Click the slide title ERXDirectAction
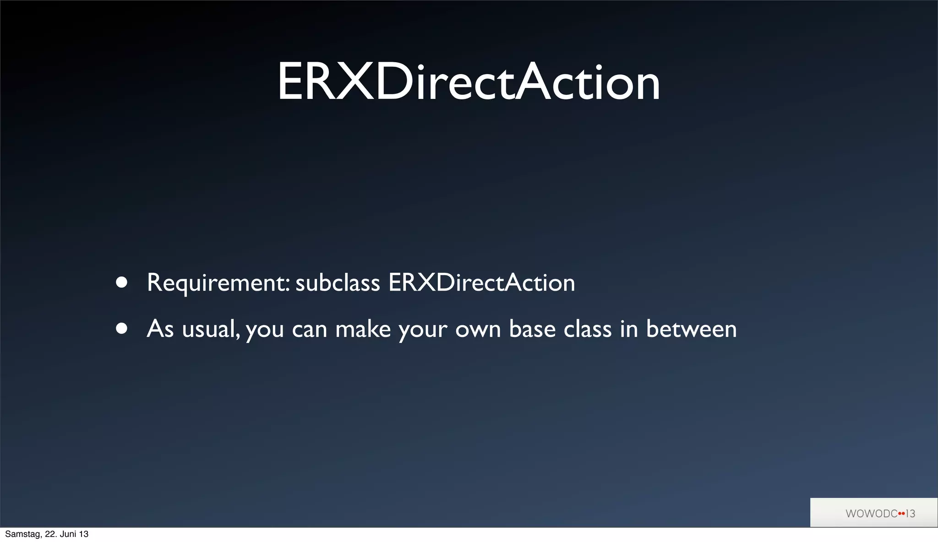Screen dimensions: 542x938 click(469, 82)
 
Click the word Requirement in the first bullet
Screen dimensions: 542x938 click(218, 283)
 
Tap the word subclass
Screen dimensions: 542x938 click(338, 283)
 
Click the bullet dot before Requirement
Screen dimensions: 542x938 click(121, 282)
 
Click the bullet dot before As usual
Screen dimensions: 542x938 click(121, 329)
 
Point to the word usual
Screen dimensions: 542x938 click(211, 330)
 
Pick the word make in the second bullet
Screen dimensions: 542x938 click(363, 329)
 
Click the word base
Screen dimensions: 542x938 click(532, 329)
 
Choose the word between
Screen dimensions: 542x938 click(691, 329)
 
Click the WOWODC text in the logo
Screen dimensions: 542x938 click(871, 514)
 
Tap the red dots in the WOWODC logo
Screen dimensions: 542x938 click(901, 514)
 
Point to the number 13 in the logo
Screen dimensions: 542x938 click(911, 514)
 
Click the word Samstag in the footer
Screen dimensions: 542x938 click(22, 534)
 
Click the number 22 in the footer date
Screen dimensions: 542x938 click(50, 534)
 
